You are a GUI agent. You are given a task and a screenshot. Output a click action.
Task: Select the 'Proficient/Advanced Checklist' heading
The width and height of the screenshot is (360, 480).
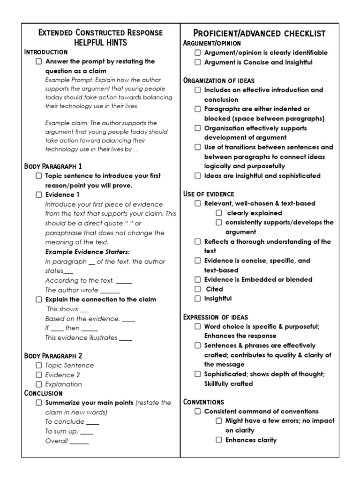point(259,33)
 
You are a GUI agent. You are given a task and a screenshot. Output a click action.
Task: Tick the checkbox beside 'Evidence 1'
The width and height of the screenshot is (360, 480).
point(39,195)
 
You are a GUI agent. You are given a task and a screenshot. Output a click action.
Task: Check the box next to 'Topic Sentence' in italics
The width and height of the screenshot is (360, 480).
point(39,365)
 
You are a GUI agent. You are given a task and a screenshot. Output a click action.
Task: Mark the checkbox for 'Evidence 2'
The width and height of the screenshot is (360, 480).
point(39,375)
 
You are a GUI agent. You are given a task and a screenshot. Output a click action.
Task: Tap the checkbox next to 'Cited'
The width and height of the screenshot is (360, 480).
point(198,289)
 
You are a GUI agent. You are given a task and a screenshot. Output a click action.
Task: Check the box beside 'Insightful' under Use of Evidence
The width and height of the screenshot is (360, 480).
point(198,299)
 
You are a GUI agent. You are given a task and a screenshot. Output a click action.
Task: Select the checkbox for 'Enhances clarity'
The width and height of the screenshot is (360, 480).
point(219,440)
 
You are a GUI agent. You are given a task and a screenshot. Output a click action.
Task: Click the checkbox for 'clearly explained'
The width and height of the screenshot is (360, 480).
point(219,213)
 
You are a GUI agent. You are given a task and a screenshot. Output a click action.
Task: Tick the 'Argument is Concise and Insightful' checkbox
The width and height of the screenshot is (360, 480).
point(198,62)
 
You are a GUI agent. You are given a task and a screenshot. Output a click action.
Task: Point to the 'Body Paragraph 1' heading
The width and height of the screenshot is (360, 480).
point(53,166)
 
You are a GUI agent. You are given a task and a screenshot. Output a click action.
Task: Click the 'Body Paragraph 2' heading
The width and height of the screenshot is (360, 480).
point(53,356)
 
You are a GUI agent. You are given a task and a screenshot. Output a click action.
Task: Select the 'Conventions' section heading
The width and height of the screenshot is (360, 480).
point(203,402)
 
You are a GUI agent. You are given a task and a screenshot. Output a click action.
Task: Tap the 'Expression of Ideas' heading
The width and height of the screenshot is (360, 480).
point(215,317)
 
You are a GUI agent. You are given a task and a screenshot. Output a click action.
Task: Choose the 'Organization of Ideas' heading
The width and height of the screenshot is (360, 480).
point(219,80)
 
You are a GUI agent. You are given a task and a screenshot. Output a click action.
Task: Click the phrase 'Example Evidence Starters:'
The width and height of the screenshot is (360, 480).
point(87,252)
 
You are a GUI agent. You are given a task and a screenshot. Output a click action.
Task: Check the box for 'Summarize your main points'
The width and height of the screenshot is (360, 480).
point(39,403)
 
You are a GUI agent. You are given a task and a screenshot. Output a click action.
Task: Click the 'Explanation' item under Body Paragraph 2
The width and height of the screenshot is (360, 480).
point(63,384)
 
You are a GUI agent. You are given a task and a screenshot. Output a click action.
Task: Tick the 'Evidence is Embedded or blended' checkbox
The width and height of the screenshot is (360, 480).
point(198,280)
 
